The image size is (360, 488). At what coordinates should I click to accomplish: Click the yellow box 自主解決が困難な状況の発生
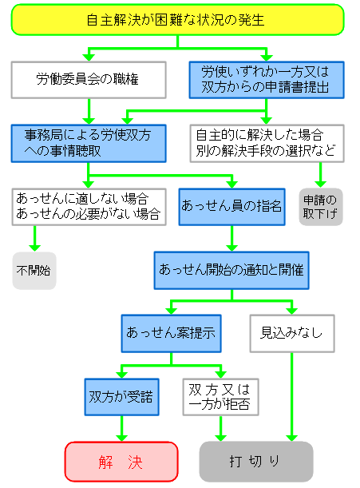tap(177, 20)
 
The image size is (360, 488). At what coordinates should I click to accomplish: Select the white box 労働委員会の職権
tap(89, 79)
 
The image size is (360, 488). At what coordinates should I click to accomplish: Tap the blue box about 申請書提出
tap(266, 79)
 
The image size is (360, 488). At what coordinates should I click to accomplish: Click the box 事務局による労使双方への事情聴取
tap(89, 142)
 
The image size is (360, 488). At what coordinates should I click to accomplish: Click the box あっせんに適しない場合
tap(89, 206)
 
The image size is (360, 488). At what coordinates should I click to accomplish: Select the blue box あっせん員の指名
tap(231, 206)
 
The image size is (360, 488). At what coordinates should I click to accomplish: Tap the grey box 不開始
tap(34, 270)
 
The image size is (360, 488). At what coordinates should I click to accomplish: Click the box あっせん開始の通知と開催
tap(231, 270)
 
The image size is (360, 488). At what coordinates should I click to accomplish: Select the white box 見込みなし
tap(291, 332)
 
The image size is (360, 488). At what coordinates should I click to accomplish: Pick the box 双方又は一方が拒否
tap(220, 396)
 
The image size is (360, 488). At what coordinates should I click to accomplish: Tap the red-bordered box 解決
tap(121, 461)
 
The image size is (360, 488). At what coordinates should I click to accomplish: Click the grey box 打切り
tap(255, 461)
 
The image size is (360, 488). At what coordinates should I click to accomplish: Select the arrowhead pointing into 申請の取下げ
tap(320, 182)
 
